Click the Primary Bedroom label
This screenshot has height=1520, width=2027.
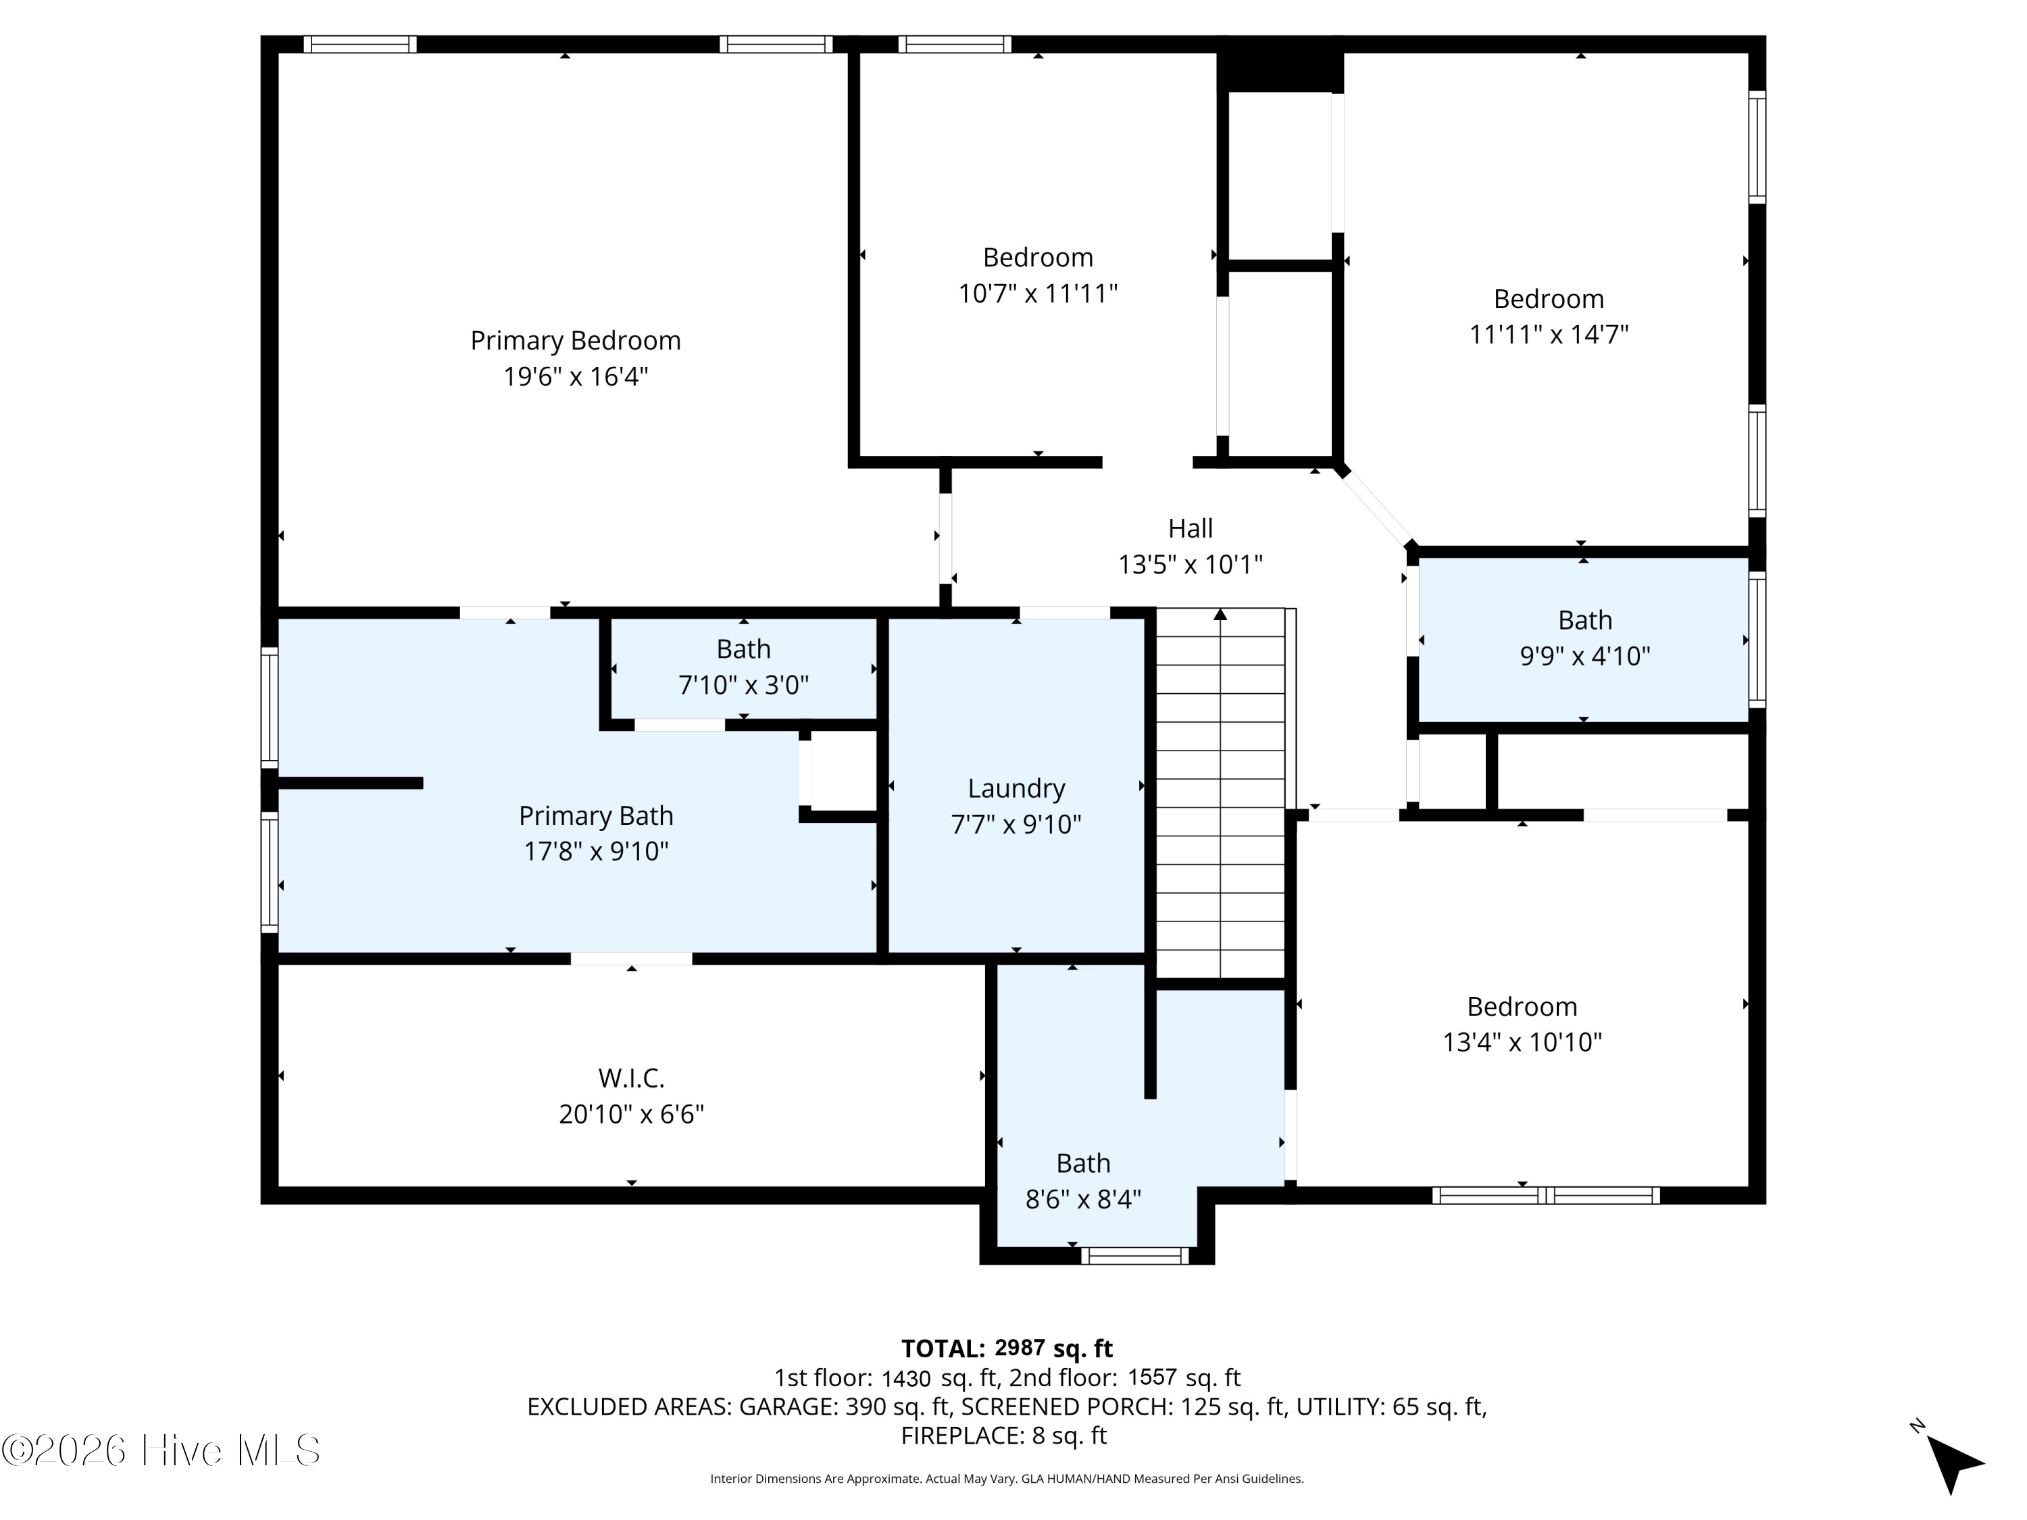(576, 341)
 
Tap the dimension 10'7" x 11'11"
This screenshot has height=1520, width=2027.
(1038, 293)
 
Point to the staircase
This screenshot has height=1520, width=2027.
(1221, 794)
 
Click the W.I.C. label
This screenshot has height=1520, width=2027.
(631, 1078)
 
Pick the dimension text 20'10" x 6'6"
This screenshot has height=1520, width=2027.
(631, 1114)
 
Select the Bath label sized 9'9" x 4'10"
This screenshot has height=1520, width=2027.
(1584, 620)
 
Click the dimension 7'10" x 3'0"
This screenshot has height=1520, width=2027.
(743, 684)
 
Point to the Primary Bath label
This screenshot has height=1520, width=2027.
(596, 815)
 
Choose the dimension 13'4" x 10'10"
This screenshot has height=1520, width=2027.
(1522, 1042)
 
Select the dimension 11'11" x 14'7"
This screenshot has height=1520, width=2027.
(1549, 334)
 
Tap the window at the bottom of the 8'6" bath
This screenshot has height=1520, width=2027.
(1134, 1256)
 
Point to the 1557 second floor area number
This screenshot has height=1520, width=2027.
(1152, 1377)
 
